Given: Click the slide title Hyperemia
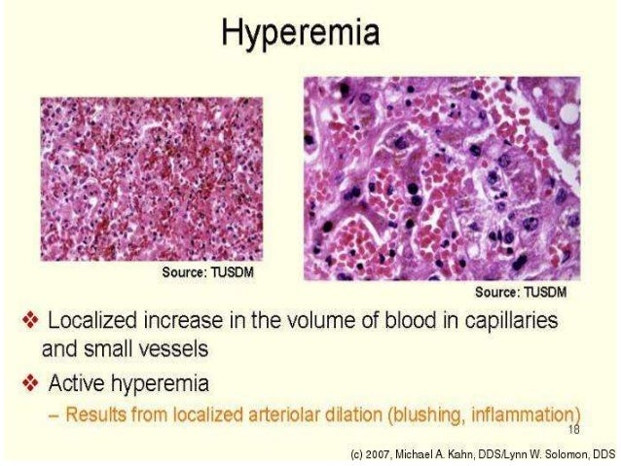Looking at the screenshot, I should pos(300,36).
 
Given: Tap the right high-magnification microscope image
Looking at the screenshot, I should pos(441,177).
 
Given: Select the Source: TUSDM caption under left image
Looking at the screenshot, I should pos(207,272).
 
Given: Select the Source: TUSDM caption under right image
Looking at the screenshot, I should pos(521,292).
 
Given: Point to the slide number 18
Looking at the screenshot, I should pos(573,429).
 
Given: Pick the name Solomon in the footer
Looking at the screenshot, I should pos(558,452).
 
